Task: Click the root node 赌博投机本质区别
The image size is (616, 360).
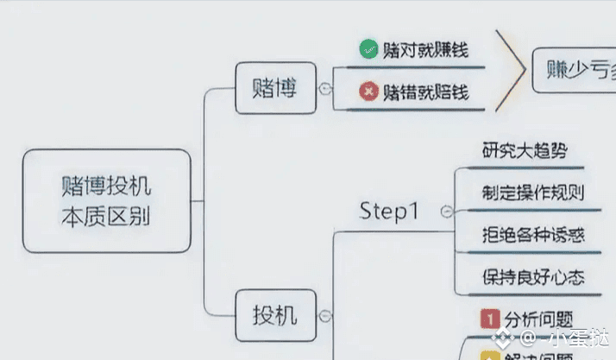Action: pyautogui.click(x=105, y=200)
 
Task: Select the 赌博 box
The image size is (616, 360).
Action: pyautogui.click(x=274, y=88)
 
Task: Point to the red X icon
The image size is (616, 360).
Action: pyautogui.click(x=369, y=91)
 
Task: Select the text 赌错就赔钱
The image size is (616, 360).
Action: pyautogui.click(x=425, y=91)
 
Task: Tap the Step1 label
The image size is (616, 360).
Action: pyautogui.click(x=389, y=211)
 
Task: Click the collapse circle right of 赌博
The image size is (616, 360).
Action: pyautogui.click(x=324, y=88)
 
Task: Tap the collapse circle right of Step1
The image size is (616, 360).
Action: pyautogui.click(x=446, y=211)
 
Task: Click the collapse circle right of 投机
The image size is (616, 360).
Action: pyautogui.click(x=324, y=317)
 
